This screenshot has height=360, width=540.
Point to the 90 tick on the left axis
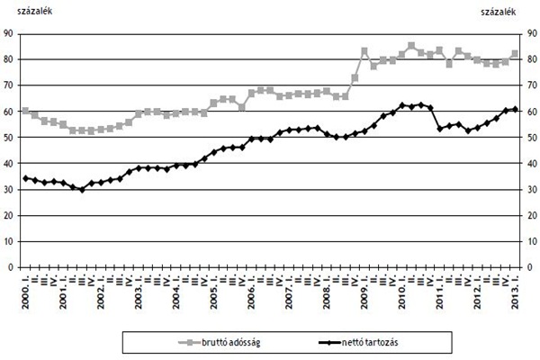[9, 33]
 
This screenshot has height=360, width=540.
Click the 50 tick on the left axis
[9, 138]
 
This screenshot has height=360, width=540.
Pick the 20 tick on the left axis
[9, 215]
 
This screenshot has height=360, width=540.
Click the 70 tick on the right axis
[533, 85]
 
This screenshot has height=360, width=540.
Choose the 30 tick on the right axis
[533, 189]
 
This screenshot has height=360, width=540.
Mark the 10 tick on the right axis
[533, 241]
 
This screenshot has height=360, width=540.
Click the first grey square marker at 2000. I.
[25, 111]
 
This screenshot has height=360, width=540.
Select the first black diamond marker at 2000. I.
[25, 178]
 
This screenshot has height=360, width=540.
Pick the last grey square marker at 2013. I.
[515, 54]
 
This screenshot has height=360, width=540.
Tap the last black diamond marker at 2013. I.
[515, 109]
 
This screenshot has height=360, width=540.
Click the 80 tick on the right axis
[533, 59]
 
